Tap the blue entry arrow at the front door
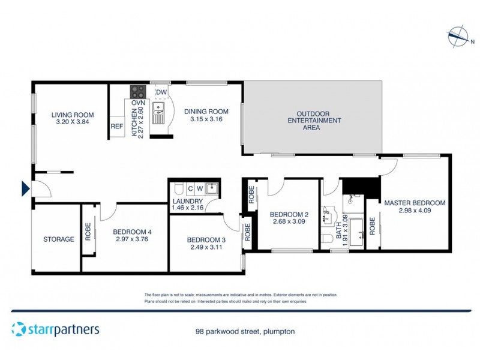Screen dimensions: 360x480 pos(26,189)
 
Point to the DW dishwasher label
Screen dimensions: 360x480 pos(161,92)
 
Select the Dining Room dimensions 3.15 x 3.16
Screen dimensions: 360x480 pos(206,119)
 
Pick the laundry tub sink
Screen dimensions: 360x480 pos(211,188)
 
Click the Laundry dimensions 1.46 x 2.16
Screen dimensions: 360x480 pos(188,208)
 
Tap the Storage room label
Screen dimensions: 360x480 pos(59,239)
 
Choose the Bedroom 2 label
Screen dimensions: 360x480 pos(289,214)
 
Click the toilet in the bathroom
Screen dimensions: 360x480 pos(326,239)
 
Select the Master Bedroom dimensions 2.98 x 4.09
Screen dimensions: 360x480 pos(415,211)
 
